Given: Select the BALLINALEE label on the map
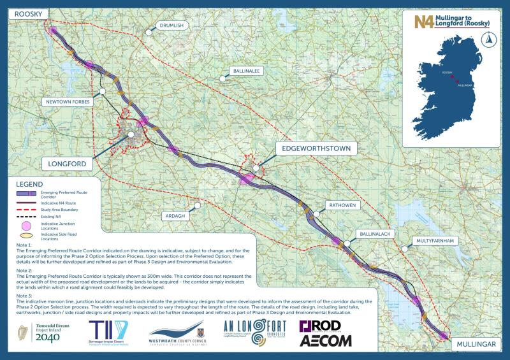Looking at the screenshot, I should [x=247, y=71].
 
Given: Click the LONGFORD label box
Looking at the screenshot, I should [x=68, y=164].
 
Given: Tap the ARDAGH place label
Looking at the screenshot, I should [x=176, y=216].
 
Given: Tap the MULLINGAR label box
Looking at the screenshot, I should [x=476, y=344].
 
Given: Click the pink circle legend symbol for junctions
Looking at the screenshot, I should [x=27, y=226].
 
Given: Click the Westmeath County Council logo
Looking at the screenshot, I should [x=177, y=333].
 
